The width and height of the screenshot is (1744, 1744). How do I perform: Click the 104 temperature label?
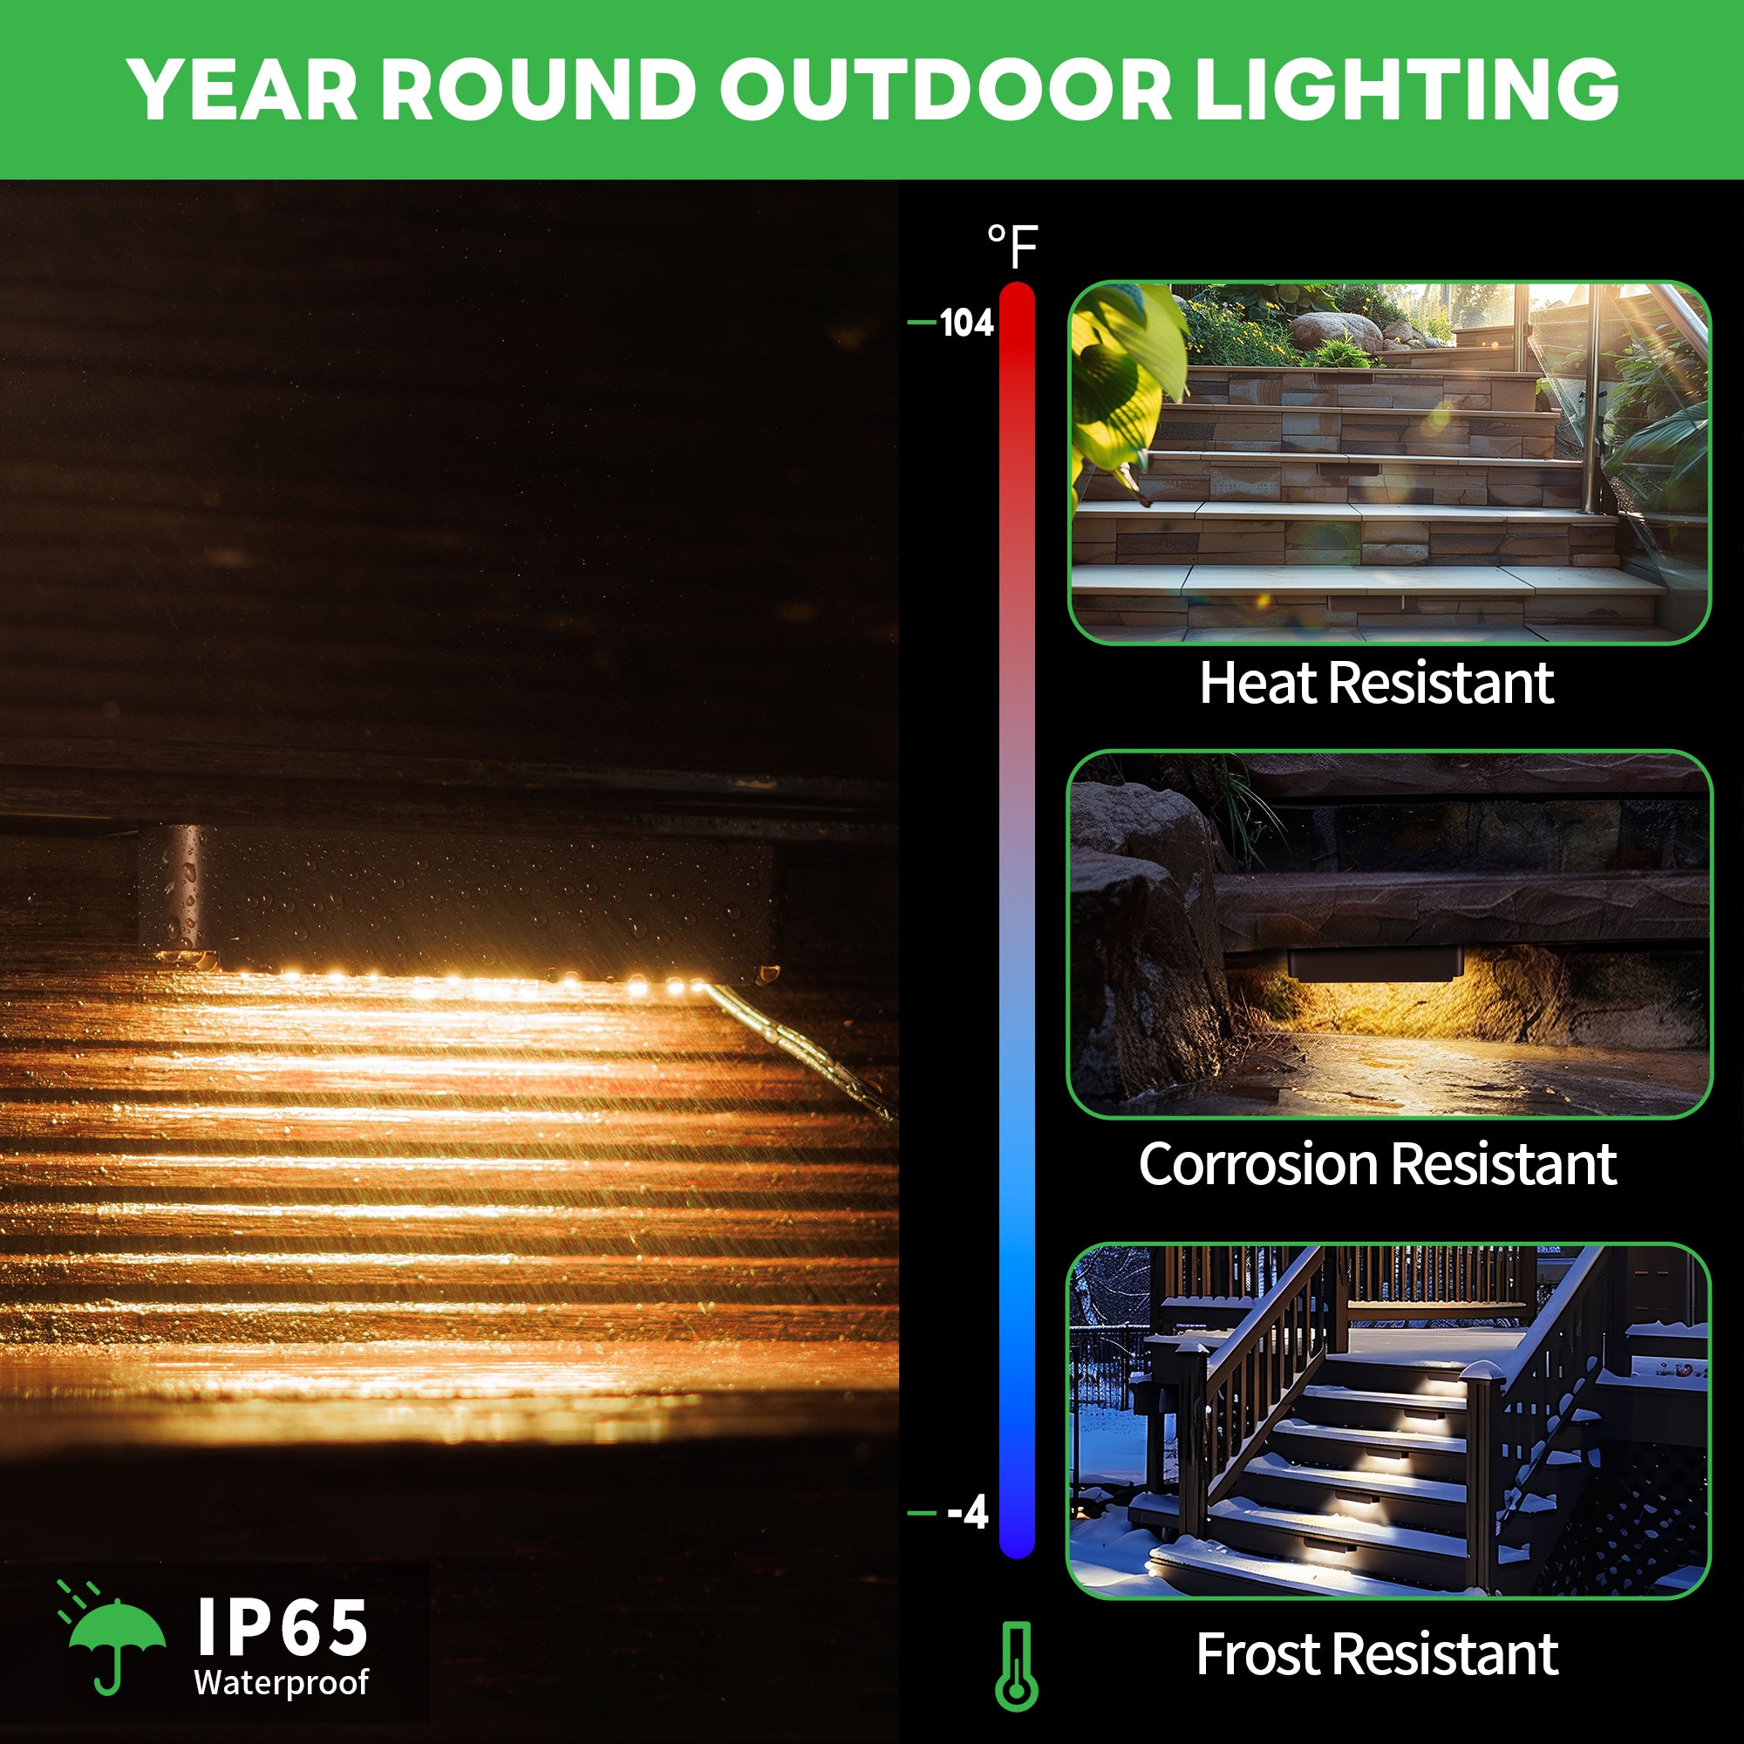tap(966, 323)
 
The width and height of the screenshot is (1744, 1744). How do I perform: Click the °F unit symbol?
tap(1012, 247)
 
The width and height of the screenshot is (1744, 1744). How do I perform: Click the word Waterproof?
tap(281, 1683)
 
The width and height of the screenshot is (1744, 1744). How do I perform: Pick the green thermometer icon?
tap(1017, 1666)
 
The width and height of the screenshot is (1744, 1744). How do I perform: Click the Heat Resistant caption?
tap(1377, 683)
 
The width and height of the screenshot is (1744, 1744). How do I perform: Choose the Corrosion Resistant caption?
tap(1378, 1164)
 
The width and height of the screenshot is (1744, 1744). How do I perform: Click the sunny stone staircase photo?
tap(1389, 462)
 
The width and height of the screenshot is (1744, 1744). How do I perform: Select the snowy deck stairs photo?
tap(1389, 1420)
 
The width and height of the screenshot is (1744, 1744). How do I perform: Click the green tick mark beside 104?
tap(922, 322)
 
